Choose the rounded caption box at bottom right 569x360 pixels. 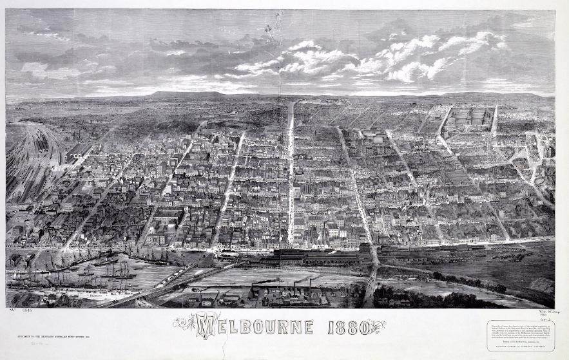click(520, 336)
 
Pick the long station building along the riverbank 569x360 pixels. click(316, 256)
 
